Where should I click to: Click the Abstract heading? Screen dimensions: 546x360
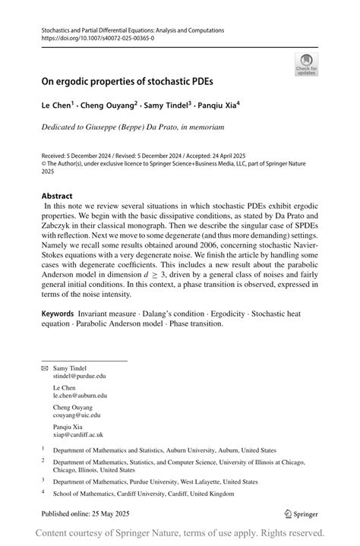pyautogui.click(x=58, y=195)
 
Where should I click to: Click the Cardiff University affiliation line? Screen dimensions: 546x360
pyautogui.click(x=144, y=494)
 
